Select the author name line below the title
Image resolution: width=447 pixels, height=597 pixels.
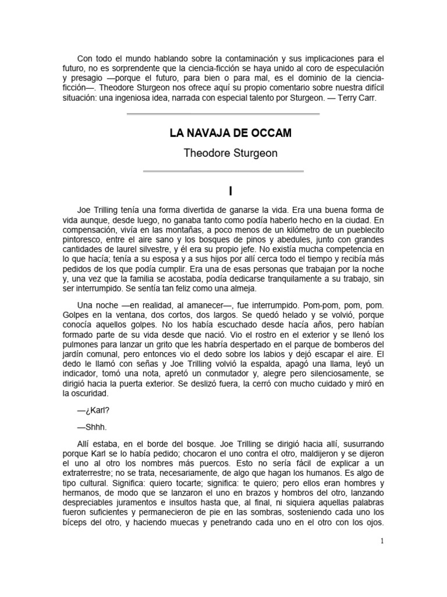[x=223, y=153]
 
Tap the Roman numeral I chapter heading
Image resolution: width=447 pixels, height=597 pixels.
[x=223, y=191]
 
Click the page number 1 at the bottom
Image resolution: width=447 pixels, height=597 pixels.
[x=382, y=541]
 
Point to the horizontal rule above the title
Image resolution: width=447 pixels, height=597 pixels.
[x=223, y=114]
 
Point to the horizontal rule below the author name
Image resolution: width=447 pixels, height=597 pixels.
[x=223, y=171]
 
